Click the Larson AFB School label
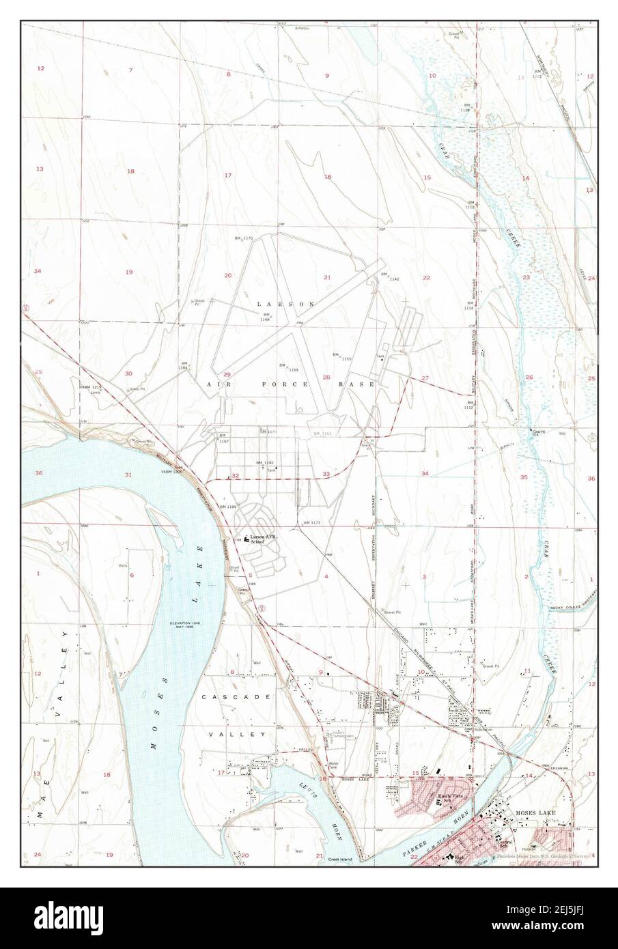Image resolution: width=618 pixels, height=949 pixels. click(x=263, y=540)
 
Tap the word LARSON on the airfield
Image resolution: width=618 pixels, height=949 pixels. click(x=276, y=303)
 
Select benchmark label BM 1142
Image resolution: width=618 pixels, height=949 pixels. click(x=389, y=277)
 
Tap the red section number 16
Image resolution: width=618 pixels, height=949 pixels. click(x=328, y=177)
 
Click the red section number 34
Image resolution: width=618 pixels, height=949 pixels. click(x=425, y=473)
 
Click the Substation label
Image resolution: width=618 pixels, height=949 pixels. click(x=482, y=729)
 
